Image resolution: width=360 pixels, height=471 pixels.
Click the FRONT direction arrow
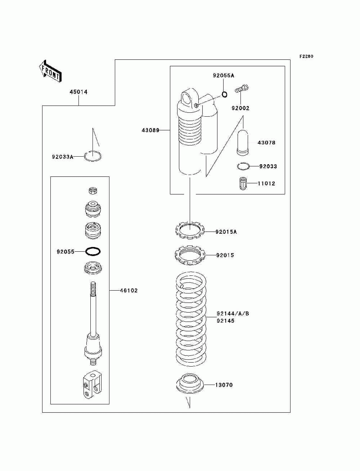pos(50,71)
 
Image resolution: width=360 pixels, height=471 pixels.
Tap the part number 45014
pos(78,92)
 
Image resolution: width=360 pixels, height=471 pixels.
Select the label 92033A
pos(62,157)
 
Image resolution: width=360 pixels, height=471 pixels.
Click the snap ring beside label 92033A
pos(93,156)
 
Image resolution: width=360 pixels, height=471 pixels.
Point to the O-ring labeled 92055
pos(93,251)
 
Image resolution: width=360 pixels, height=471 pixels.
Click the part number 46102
pos(129,291)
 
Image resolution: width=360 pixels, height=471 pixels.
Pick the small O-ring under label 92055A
pos(224,95)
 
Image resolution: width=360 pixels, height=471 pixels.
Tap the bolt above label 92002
pos(242,88)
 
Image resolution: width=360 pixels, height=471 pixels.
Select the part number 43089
pos(150,130)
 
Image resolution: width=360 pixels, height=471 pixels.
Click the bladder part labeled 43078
pos(243,143)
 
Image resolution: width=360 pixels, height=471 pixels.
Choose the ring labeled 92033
pos(243,166)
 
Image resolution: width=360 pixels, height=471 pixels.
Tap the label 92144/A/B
pos(233,314)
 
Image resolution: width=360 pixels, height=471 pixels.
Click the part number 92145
pos(226,321)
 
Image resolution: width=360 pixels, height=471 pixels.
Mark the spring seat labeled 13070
pos(190,384)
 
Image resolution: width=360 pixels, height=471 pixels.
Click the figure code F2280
pos(306,57)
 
